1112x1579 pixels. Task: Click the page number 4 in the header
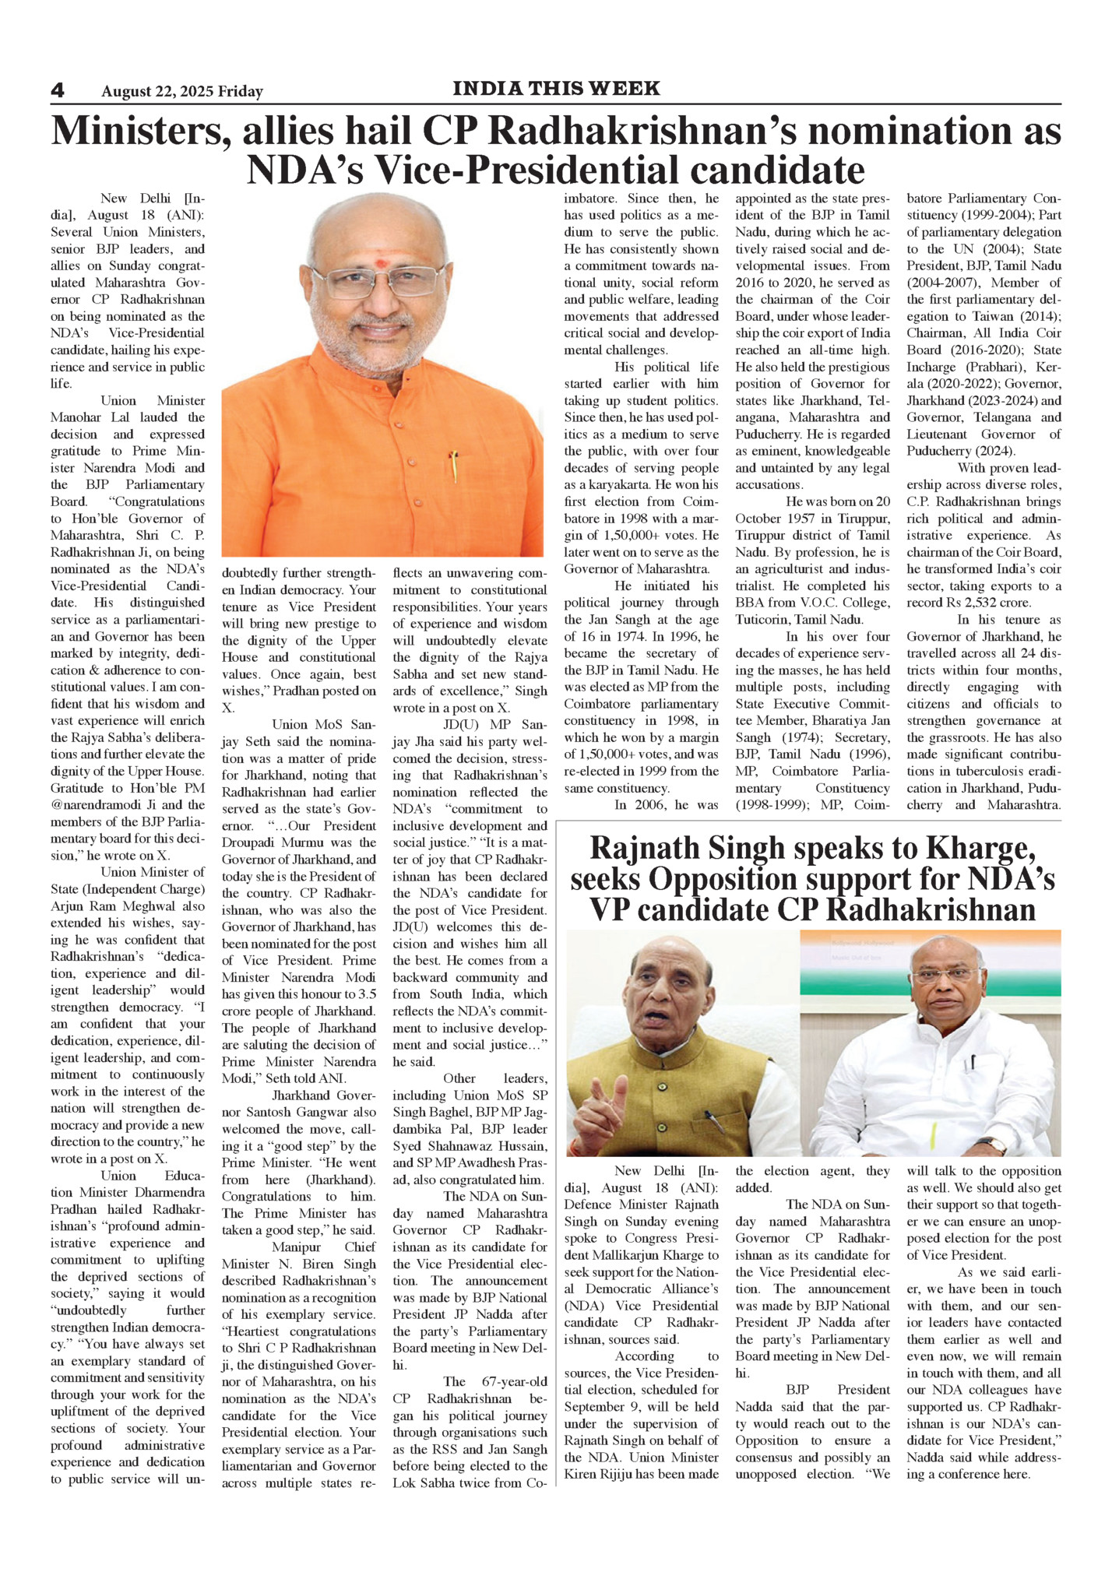point(58,90)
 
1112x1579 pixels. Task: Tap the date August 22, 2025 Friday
point(181,92)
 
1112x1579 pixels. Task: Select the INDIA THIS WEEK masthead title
point(556,89)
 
